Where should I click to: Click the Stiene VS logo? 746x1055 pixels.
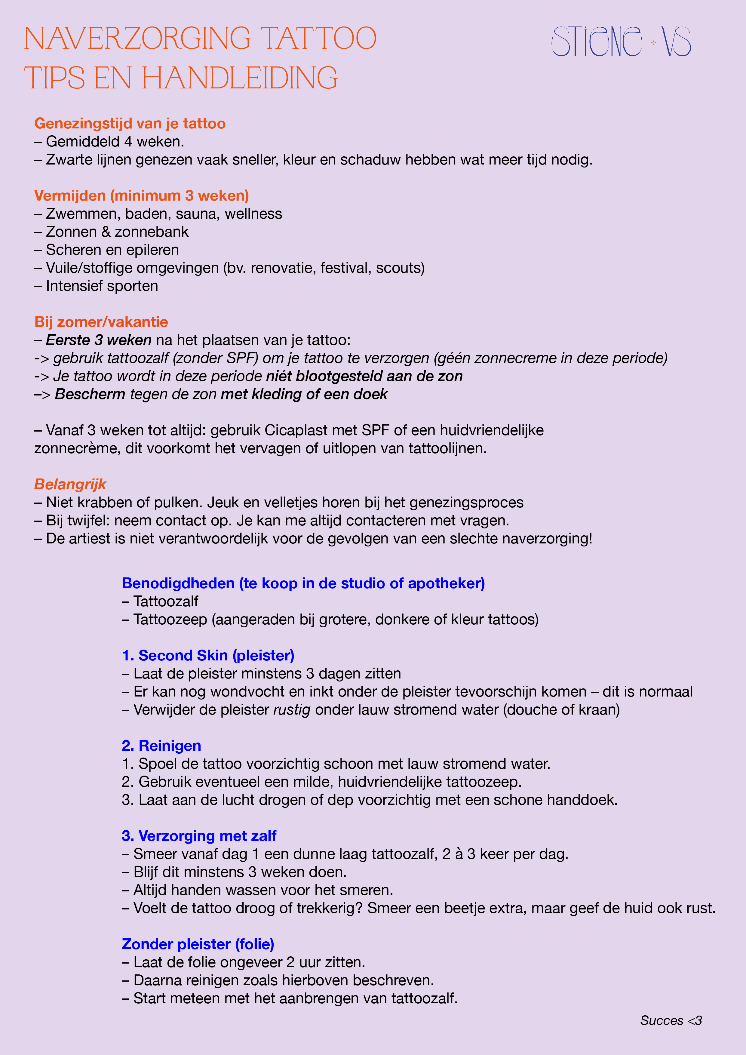(x=621, y=42)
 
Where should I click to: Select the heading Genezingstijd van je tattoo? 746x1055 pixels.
(x=130, y=124)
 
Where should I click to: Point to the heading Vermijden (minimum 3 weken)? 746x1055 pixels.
(x=142, y=196)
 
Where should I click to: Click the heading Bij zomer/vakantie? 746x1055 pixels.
(x=101, y=322)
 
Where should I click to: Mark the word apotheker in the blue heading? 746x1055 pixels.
(x=446, y=583)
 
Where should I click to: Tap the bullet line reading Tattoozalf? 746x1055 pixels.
(x=160, y=601)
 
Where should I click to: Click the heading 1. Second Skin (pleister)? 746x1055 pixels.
(x=208, y=656)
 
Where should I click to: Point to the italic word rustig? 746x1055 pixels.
(x=292, y=710)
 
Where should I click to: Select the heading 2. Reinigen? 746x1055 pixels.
(x=161, y=746)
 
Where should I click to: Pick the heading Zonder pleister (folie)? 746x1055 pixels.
(x=198, y=944)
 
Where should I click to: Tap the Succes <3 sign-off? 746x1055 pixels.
(x=671, y=1020)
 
